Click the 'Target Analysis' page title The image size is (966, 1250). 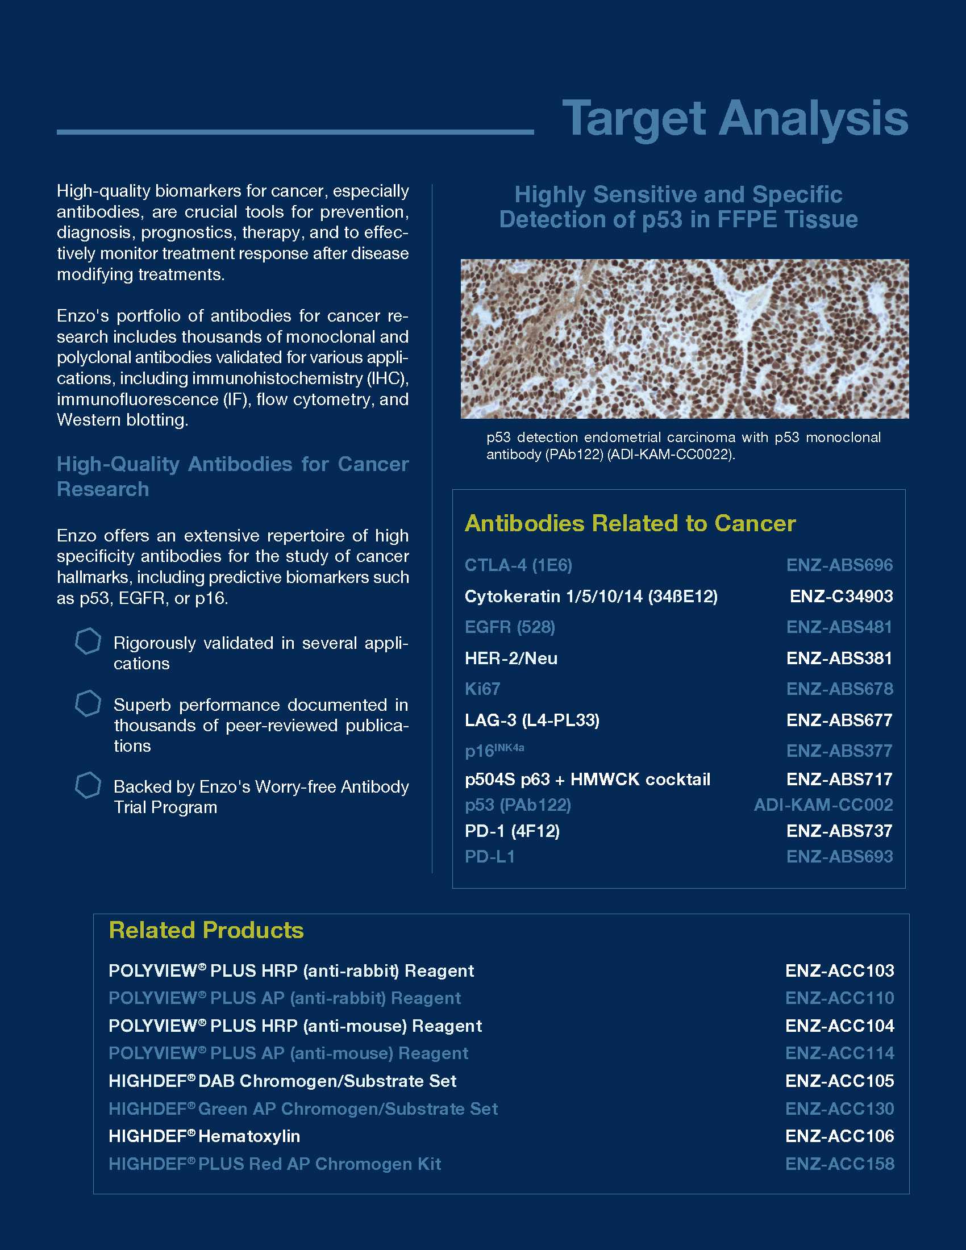[x=735, y=118]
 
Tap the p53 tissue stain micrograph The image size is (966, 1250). [x=685, y=339]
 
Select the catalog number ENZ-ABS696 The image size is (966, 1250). [x=839, y=565]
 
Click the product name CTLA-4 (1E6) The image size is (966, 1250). [x=518, y=565]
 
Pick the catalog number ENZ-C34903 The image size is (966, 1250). [x=840, y=597]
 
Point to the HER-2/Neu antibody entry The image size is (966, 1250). [x=511, y=658]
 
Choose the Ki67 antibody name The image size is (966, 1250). [x=482, y=689]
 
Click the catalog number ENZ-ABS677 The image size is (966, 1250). [x=839, y=720]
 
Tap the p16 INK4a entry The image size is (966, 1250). [x=494, y=751]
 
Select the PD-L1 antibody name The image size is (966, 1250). [x=490, y=857]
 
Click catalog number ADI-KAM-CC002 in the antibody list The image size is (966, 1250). [x=823, y=805]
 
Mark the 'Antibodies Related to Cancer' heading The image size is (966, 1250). [x=630, y=523]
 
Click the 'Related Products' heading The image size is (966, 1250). [x=206, y=930]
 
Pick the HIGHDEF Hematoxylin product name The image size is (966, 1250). [x=205, y=1136]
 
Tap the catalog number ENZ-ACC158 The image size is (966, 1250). [x=839, y=1164]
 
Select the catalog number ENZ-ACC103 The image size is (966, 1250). [x=839, y=970]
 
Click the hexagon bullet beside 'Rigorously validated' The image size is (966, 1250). [x=88, y=641]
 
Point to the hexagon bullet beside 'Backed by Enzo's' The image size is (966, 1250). [x=88, y=785]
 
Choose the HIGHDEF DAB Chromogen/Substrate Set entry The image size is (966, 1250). [x=283, y=1081]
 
